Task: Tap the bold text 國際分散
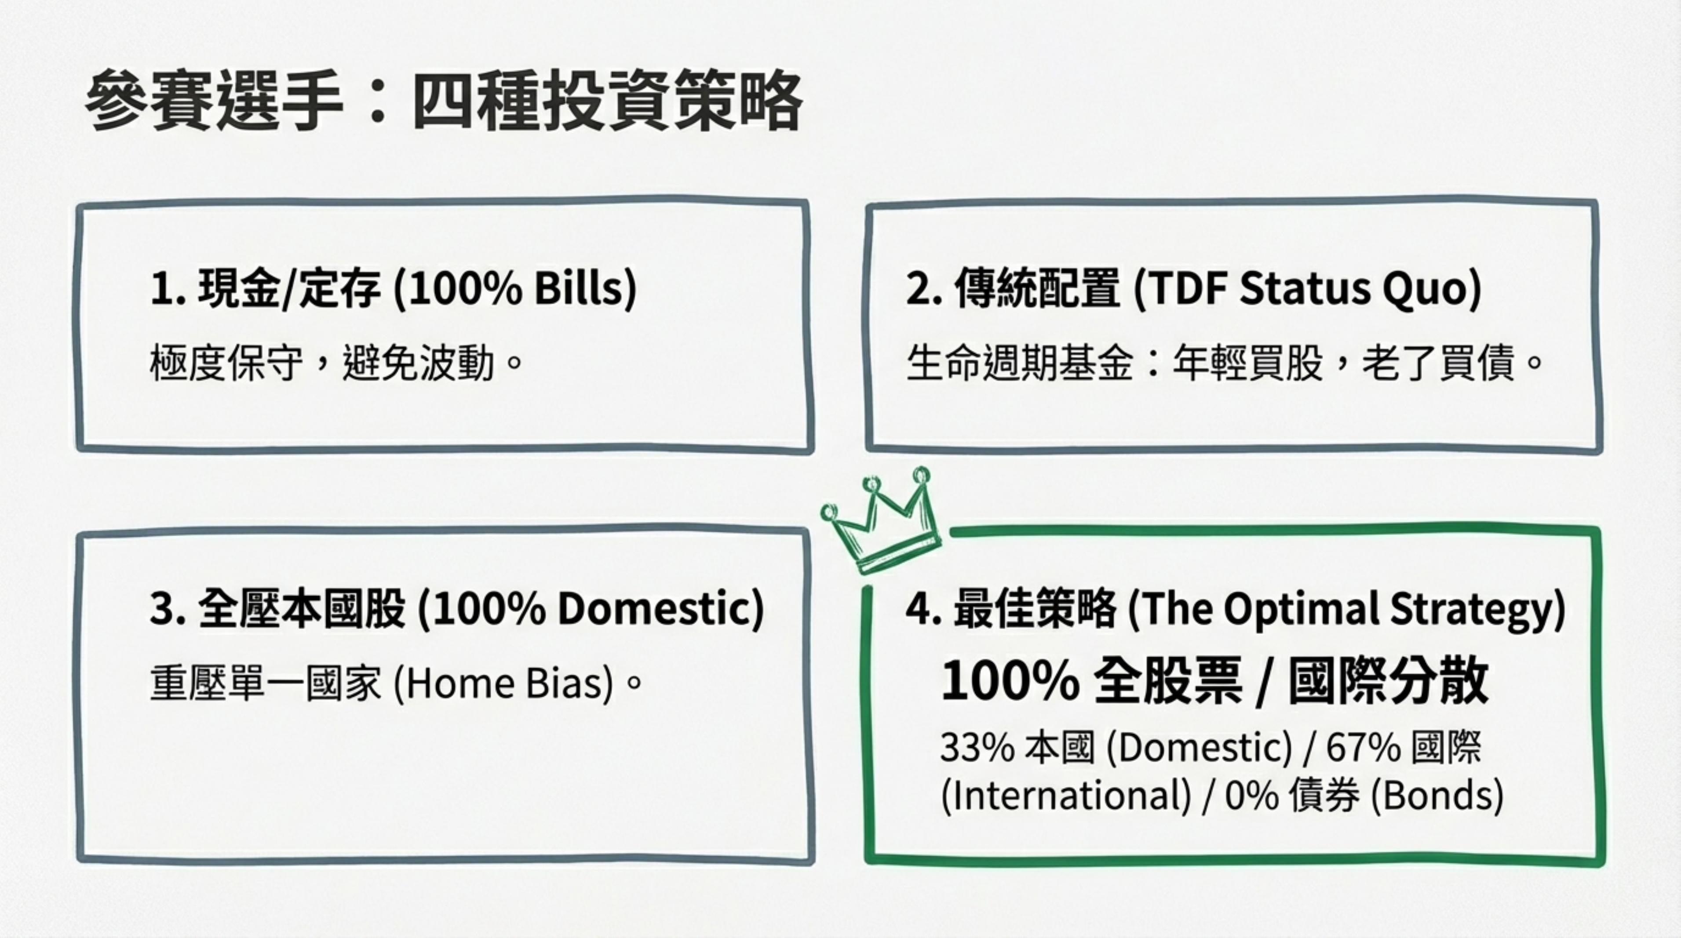click(1389, 681)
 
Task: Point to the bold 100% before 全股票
click(1010, 681)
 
